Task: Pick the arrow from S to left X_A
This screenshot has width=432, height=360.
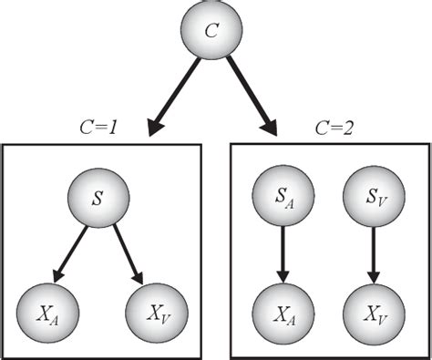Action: click(x=73, y=251)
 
